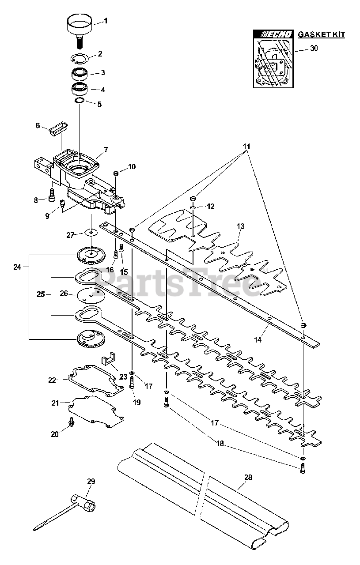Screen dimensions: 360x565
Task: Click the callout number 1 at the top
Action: (106, 21)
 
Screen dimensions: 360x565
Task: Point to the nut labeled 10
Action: (116, 173)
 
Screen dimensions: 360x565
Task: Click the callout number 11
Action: (246, 146)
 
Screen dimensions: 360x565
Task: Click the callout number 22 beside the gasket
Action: (52, 380)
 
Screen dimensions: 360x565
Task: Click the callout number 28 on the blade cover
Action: (248, 477)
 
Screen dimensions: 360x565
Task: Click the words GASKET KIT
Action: (321, 34)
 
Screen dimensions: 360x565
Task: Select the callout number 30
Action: (314, 48)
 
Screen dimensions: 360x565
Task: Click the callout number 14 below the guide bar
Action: (258, 340)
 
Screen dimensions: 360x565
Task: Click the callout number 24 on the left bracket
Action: (17, 267)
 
